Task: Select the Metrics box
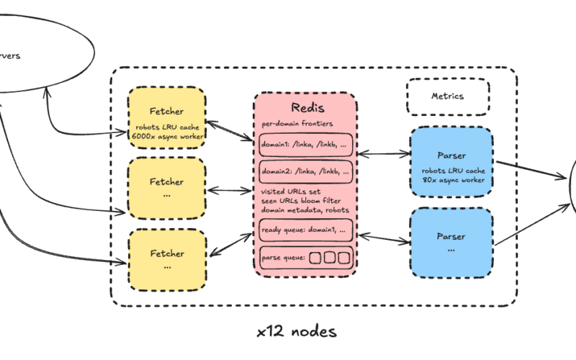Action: (448, 96)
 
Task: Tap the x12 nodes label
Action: (296, 332)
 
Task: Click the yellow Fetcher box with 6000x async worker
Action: (167, 117)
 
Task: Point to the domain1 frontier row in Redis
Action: (306, 145)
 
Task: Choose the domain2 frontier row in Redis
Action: (306, 172)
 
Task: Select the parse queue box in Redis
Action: (306, 257)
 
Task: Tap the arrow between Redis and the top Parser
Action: (382, 153)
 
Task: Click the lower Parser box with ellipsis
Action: (451, 240)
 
